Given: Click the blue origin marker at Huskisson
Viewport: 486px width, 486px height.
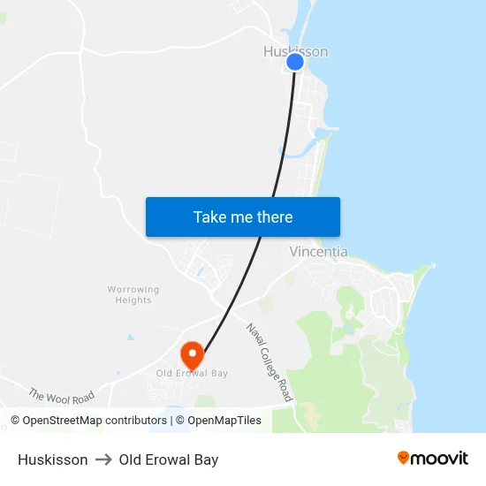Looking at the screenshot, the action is click(295, 62).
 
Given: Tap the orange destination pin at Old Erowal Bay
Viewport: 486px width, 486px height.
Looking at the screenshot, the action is click(192, 356).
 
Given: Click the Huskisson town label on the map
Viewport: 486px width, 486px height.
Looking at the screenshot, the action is click(295, 51).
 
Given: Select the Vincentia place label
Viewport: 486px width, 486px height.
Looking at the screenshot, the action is click(318, 252).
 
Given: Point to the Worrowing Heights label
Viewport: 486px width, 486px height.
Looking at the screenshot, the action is click(133, 294).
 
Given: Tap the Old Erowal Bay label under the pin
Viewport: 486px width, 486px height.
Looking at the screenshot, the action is click(192, 374).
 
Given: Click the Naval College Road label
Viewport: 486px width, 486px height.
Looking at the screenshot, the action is click(270, 363).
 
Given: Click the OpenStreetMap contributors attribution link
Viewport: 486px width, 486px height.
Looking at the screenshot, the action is click(94, 421).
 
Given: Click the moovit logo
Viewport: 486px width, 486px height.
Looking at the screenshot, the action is click(433, 459).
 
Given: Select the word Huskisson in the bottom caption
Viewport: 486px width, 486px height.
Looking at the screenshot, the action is click(52, 459).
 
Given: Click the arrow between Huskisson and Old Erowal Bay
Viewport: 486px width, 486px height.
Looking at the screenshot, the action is click(103, 459).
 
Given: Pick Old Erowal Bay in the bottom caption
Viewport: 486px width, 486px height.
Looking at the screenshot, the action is click(169, 459).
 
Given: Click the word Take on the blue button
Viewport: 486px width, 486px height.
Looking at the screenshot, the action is click(209, 217).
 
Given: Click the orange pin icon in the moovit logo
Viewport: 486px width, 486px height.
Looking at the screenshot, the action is click(403, 458).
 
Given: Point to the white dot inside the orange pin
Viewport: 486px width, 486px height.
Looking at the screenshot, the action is click(192, 353).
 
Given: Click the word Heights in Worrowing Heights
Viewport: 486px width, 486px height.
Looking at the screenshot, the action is click(133, 300).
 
